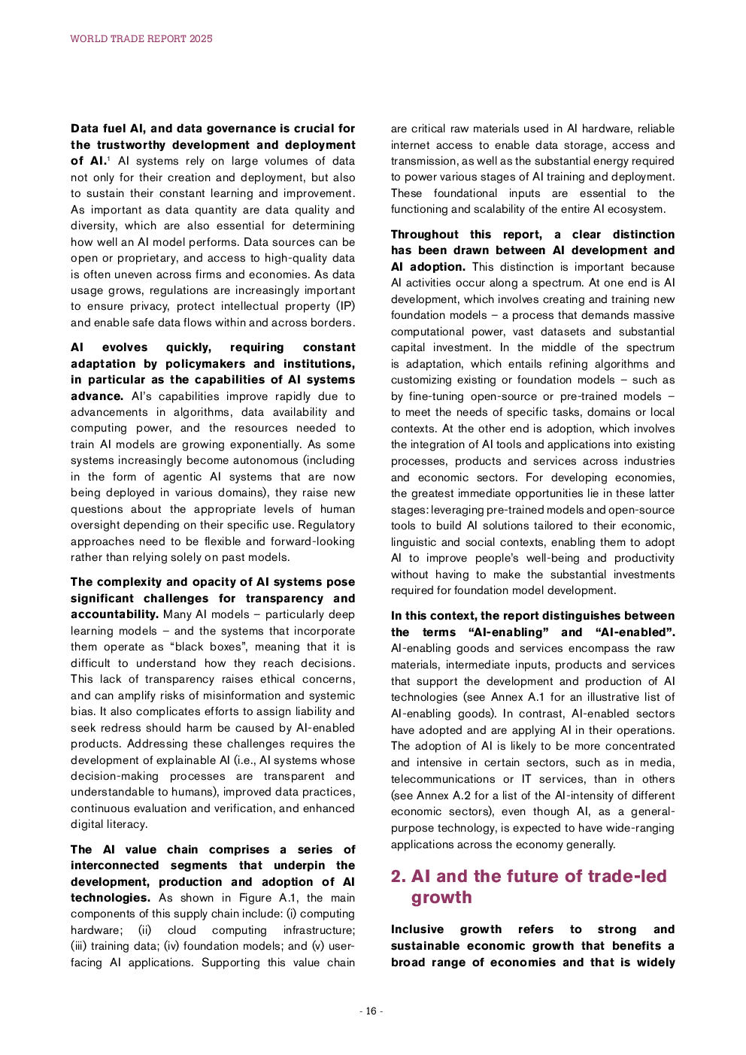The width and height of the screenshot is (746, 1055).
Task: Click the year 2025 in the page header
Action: [x=201, y=38]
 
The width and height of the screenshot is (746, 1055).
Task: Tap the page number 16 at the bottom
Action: [x=371, y=1011]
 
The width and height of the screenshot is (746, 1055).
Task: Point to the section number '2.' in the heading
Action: [x=398, y=876]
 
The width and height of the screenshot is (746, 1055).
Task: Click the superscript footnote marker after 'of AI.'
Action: [x=108, y=158]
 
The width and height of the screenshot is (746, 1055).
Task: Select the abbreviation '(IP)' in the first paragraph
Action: [x=345, y=306]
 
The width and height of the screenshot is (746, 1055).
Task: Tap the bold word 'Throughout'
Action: [x=424, y=235]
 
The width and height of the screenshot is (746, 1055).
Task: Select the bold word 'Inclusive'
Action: [x=417, y=929]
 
